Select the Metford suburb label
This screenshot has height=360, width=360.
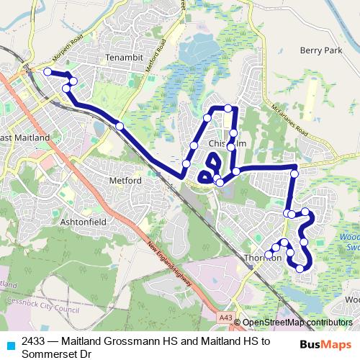point(125,180)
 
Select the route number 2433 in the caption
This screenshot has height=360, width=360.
point(35,341)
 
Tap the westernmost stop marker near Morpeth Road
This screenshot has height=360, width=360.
point(48,72)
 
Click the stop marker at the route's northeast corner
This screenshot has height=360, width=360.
point(294,168)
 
